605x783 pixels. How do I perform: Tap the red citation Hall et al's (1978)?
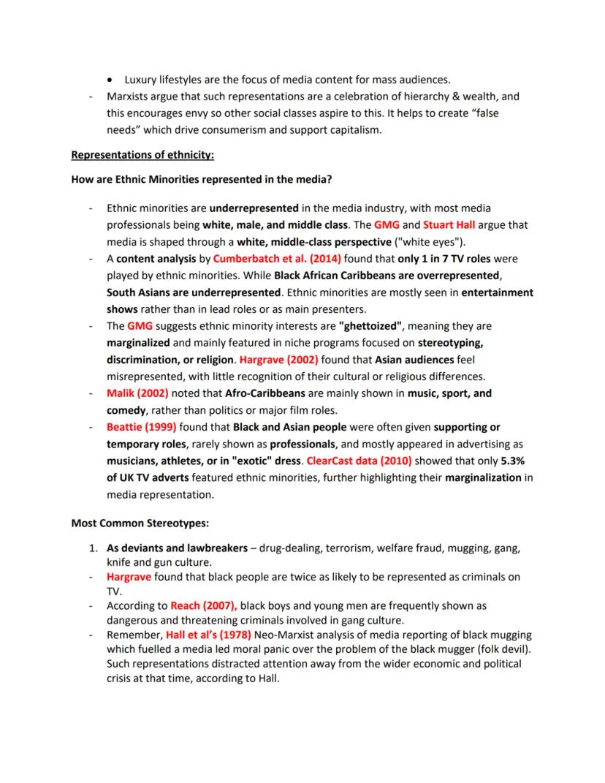[x=210, y=635]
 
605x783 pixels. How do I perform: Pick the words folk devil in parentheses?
[x=498, y=649]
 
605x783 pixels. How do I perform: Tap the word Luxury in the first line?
[x=141, y=80]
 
